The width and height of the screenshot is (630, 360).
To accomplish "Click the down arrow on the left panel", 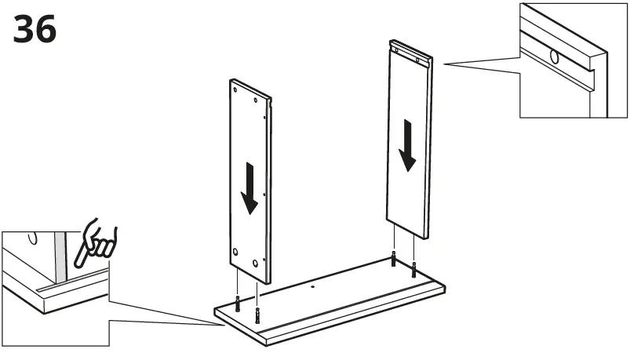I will [249, 187].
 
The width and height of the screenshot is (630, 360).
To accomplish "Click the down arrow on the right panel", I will [406, 144].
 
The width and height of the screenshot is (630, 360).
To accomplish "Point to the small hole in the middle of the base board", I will [312, 286].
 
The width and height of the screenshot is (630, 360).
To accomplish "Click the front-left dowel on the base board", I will [257, 317].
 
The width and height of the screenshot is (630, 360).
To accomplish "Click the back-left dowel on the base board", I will [237, 303].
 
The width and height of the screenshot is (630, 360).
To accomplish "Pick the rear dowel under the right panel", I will [393, 260].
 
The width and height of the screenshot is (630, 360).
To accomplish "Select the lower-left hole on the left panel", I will [235, 252].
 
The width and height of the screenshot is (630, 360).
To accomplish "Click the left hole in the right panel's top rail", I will [398, 51].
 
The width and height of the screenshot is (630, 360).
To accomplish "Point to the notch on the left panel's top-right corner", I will [269, 100].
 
